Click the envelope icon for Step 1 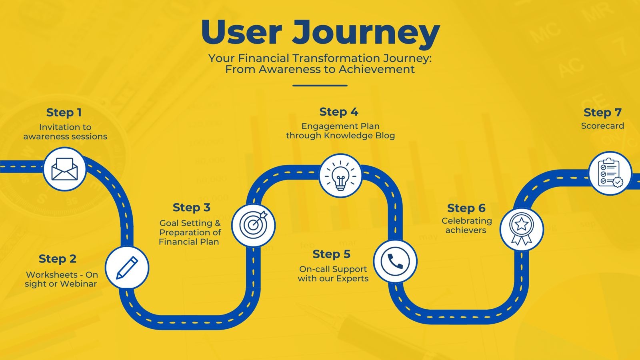(64, 169)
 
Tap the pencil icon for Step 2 (127, 268)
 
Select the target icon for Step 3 (254, 225)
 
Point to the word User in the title (242, 32)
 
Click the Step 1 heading (64, 112)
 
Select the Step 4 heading (339, 112)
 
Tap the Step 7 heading (602, 112)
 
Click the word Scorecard (602, 126)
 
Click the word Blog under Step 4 (385, 136)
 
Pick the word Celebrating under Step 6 (467, 221)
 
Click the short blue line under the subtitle (320, 86)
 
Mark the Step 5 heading (332, 254)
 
